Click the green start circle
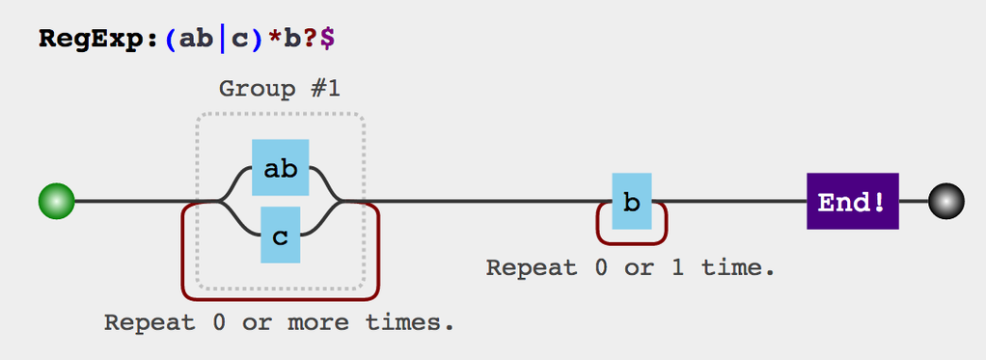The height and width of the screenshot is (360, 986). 56,202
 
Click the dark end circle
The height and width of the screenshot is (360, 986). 945,202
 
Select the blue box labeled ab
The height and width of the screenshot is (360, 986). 280,168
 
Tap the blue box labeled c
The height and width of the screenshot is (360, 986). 280,235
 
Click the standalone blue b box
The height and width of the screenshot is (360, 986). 631,202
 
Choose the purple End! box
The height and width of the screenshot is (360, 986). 852,202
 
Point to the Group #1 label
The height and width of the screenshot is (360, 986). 279,89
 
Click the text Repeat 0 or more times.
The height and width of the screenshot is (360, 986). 279,321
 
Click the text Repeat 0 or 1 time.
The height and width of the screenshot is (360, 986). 630,267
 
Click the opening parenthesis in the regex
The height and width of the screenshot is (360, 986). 171,41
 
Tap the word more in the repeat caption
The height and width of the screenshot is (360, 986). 324,321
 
